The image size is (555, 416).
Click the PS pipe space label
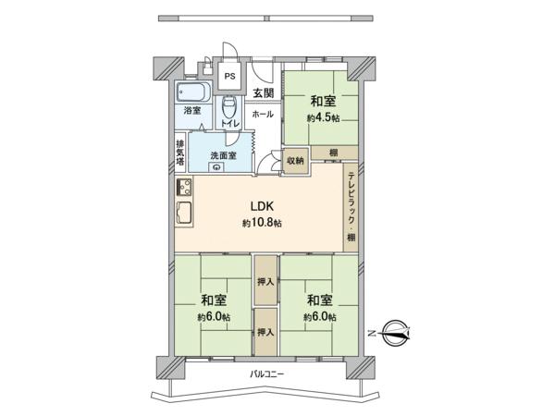230,76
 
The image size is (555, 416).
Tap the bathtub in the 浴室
193,92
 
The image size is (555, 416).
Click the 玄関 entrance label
264,93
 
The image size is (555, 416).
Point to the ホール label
263,114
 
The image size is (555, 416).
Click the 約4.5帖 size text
323,117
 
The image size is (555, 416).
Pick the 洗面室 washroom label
223,155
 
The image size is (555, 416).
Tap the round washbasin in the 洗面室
216,167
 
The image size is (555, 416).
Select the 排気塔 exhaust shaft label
180,153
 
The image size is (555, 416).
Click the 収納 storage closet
295,161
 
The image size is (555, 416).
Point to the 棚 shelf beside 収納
334,153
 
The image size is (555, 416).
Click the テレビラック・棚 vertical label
351,206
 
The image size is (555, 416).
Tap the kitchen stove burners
184,187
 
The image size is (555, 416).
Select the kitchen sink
184,213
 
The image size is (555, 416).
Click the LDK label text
263,206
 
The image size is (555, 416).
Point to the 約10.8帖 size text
263,223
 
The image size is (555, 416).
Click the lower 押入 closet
265,332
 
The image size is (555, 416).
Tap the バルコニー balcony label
267,373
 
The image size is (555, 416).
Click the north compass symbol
396,333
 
